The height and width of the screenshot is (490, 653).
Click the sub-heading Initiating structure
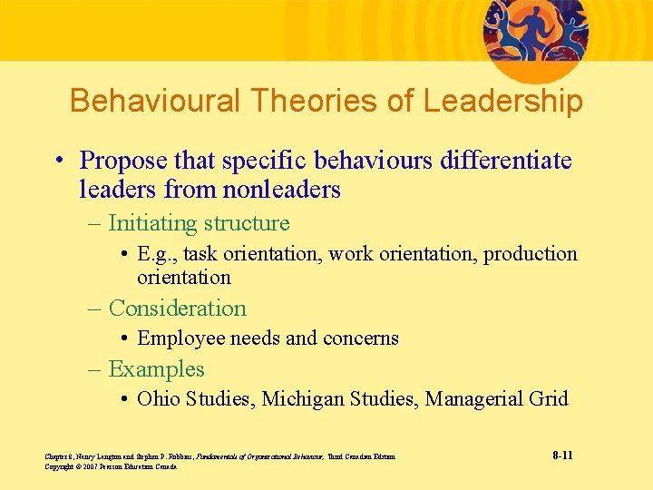coord(199,223)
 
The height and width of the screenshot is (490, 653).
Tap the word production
coord(530,254)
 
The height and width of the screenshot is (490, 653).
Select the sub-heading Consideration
coord(177,309)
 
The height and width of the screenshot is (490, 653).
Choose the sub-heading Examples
coord(156,369)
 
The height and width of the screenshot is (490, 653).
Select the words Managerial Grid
coord(496,398)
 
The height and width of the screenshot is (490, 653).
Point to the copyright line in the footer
coord(110,466)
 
